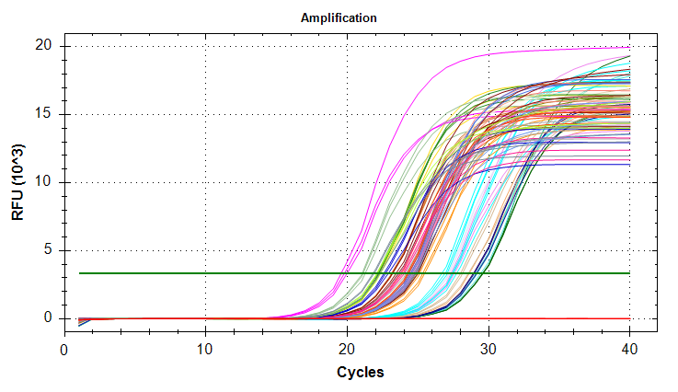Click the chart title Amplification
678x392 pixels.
pyautogui.click(x=339, y=17)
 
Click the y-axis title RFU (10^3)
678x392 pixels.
pyautogui.click(x=18, y=182)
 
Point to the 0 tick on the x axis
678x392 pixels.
pyautogui.click(x=63, y=350)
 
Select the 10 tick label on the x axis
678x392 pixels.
pyautogui.click(x=205, y=350)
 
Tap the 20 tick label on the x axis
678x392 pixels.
pyautogui.click(x=347, y=350)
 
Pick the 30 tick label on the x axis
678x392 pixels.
pyautogui.click(x=488, y=350)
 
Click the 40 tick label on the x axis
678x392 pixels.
pyautogui.click(x=629, y=350)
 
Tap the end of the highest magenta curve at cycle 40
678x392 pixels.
pyautogui.click(x=629, y=47)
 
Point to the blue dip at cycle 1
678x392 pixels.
pyautogui.click(x=79, y=324)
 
